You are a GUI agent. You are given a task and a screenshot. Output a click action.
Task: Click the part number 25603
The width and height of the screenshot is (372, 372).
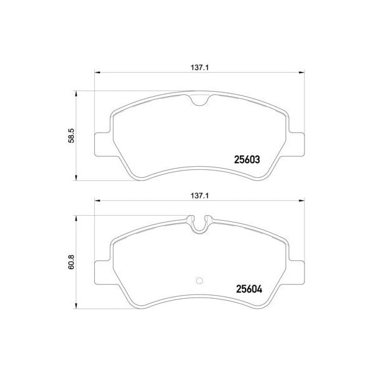pos(247,160)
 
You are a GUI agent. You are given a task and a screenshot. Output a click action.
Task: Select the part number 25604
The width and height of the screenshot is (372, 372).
pos(249,289)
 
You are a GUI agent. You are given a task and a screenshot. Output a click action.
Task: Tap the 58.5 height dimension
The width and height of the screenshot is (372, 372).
pos(71,136)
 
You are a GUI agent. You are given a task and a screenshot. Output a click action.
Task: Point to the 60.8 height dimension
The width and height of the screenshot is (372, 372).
pos(71,262)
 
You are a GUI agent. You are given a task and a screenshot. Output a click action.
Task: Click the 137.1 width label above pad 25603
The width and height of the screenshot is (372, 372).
pos(200,68)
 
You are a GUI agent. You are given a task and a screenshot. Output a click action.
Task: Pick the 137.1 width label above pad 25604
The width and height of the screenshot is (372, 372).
pos(200,196)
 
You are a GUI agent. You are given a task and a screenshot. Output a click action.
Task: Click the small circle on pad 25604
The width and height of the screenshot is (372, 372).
pos(200,281)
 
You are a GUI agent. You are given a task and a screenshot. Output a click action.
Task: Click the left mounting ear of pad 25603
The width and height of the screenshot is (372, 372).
pos(103,144)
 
